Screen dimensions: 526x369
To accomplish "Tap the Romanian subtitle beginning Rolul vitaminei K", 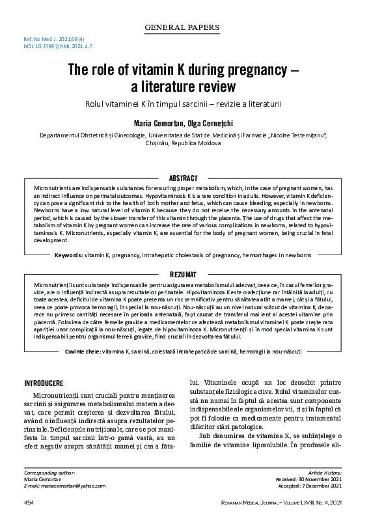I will pos(184,104).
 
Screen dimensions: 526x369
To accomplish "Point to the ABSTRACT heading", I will pos(184,178).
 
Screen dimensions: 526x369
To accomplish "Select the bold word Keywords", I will pos(68,255).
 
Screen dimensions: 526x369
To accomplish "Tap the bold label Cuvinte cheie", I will pos(83,352).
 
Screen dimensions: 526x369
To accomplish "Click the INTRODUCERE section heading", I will pos(44,382).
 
